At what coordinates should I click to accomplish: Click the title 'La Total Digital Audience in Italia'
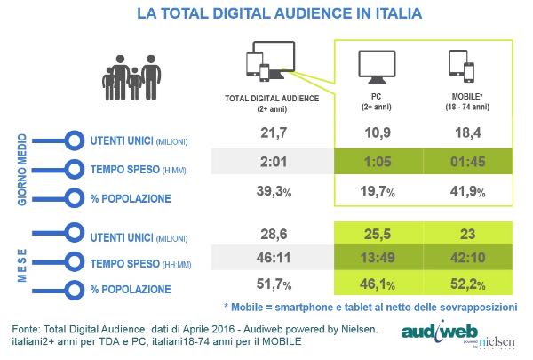pyautogui.click(x=266, y=15)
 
